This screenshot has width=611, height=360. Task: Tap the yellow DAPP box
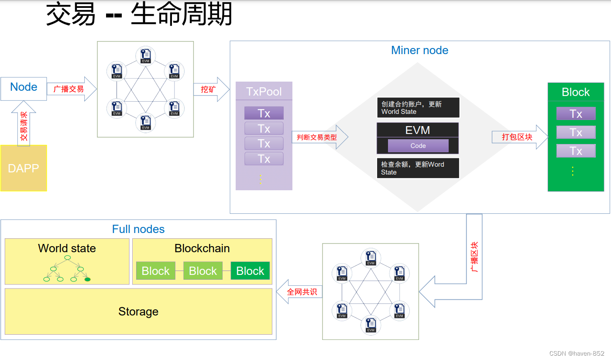pyautogui.click(x=24, y=168)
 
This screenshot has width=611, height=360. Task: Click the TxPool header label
pyautogui.click(x=264, y=92)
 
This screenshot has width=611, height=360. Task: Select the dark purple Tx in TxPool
pyautogui.click(x=264, y=113)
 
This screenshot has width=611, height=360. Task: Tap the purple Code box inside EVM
pyautogui.click(x=418, y=146)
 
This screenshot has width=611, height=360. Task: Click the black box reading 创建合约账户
pyautogui.click(x=418, y=108)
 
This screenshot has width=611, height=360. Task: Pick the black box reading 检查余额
pyautogui.click(x=418, y=168)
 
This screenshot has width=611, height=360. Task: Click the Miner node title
pyautogui.click(x=419, y=50)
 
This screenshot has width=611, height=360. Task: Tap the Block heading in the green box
pyautogui.click(x=576, y=92)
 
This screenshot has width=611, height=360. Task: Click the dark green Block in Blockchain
pyautogui.click(x=250, y=271)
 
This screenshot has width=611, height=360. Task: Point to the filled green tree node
pyautogui.click(x=87, y=279)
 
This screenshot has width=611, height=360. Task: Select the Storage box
pyautogui.click(x=138, y=312)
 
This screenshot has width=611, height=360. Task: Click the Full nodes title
pyautogui.click(x=138, y=229)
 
